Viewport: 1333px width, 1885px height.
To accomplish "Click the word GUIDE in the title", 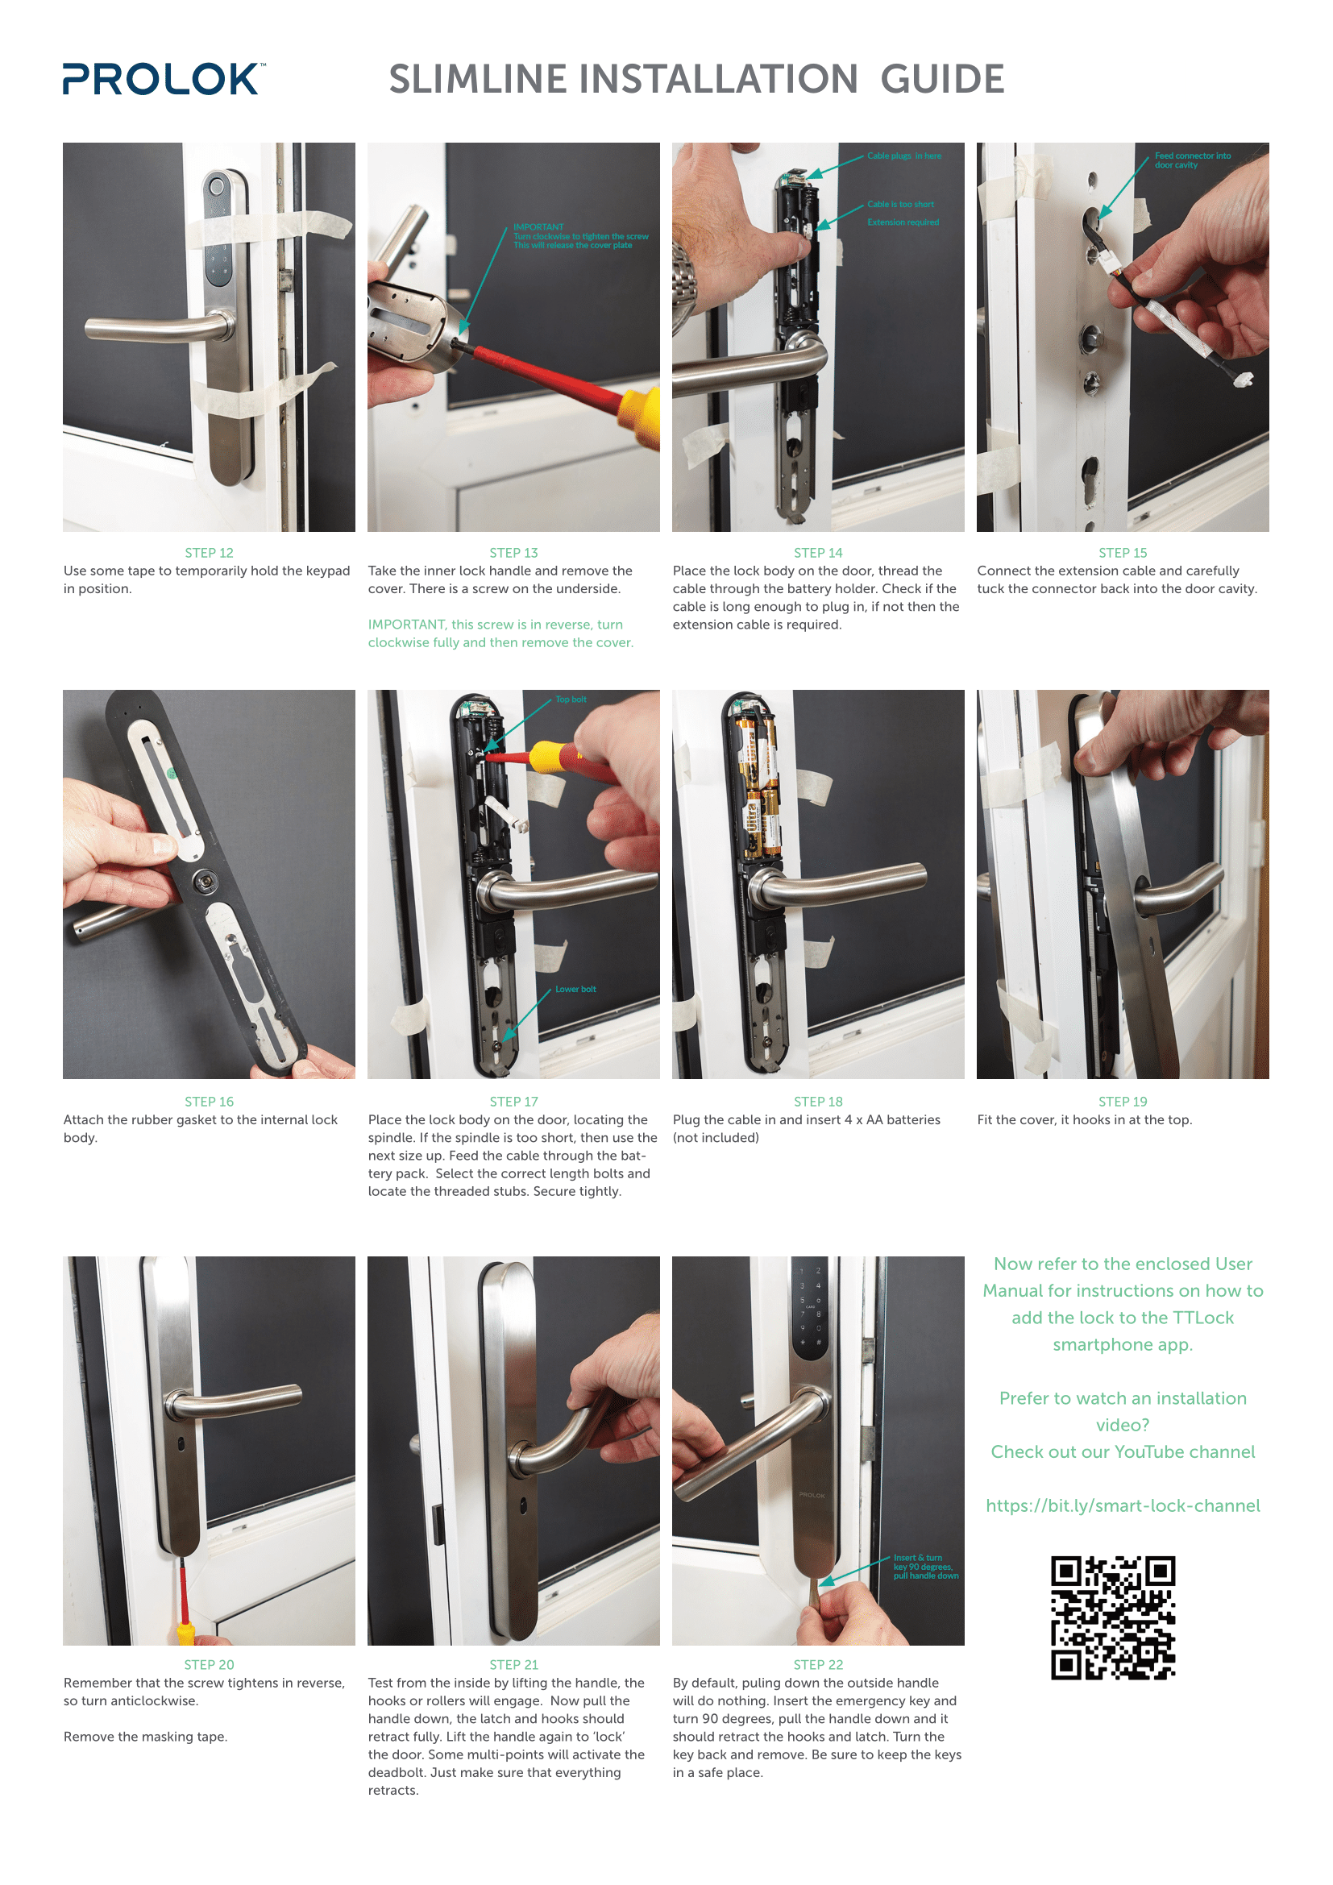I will click(x=941, y=80).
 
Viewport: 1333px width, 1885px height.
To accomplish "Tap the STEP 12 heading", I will click(x=209, y=553).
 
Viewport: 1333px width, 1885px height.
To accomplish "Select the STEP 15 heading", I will click(x=1122, y=553).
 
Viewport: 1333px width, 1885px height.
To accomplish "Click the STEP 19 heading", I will click(x=1122, y=1101).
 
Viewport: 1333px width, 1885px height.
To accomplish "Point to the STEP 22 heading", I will click(x=817, y=1664).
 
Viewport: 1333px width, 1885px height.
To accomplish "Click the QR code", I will click(x=1113, y=1617).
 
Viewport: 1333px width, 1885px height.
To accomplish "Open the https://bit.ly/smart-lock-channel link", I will click(x=1122, y=1505).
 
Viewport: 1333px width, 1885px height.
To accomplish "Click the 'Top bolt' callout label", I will click(x=571, y=700).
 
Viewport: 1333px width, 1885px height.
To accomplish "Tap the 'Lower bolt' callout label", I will click(x=575, y=990).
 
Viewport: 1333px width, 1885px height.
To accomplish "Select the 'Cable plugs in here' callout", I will click(x=903, y=156).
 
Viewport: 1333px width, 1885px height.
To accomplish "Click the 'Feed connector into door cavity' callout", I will click(x=1192, y=160).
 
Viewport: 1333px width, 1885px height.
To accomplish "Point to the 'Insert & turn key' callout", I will click(x=925, y=1567).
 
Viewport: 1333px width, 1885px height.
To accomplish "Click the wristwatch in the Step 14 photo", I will click(x=683, y=279).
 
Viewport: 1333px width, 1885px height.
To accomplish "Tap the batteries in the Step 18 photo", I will click(x=759, y=788).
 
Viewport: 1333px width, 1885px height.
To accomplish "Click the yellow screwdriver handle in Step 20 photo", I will click(x=186, y=1633).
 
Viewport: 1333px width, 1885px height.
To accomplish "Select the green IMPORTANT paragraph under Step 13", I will click(x=500, y=633).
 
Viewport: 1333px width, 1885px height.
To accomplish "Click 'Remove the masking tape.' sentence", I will click(x=145, y=1737).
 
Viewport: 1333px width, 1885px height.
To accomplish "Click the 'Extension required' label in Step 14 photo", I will click(x=903, y=222).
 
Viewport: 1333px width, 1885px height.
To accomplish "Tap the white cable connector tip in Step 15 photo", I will click(x=1243, y=380).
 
